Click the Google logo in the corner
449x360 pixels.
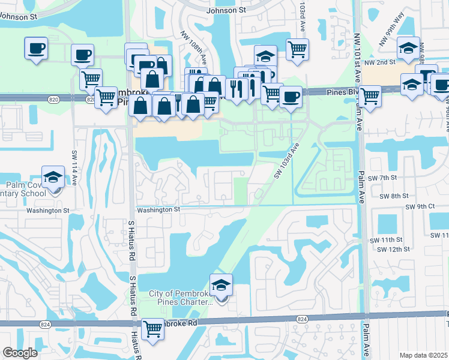click(20, 353)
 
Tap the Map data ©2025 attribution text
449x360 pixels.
click(424, 355)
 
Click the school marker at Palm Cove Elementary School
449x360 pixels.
click(53, 178)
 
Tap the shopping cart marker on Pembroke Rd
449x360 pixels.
click(153, 329)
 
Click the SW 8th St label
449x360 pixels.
click(396, 196)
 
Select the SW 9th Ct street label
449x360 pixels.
click(420, 206)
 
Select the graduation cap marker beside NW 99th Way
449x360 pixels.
click(408, 49)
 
